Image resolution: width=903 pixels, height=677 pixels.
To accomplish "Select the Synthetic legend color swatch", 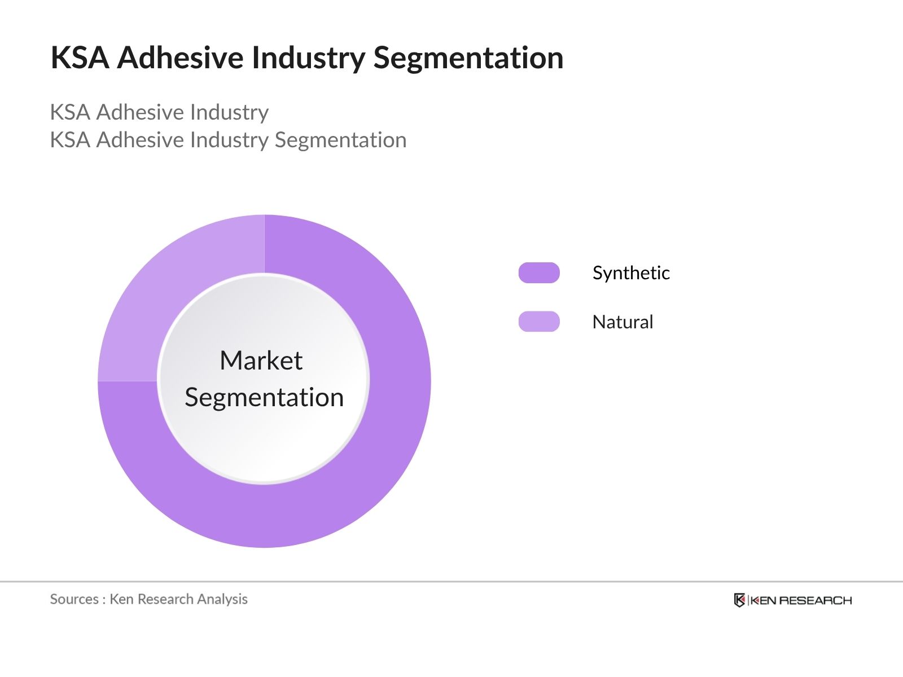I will (x=539, y=272).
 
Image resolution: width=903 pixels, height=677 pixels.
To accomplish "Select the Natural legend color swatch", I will (x=539, y=322).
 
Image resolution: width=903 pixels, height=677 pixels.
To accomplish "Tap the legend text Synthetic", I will (x=631, y=273).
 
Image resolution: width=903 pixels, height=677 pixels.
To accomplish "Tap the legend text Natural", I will (x=623, y=322).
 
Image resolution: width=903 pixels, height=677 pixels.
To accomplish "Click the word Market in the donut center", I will (x=261, y=361).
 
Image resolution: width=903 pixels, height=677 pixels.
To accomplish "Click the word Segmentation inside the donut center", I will (x=264, y=398).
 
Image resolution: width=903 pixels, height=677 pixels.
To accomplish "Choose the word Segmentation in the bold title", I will (x=468, y=58).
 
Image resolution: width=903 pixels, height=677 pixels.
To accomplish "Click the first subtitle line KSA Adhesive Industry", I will (x=159, y=112).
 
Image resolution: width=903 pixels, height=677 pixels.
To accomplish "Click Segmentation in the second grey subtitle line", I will (x=340, y=140).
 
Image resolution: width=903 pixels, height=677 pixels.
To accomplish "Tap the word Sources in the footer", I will (x=74, y=599).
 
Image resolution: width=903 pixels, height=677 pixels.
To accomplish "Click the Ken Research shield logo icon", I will (x=739, y=600).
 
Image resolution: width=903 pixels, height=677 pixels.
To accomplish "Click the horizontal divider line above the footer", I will (x=451, y=581).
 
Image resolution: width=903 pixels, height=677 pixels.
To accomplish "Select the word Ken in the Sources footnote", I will (x=121, y=599).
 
